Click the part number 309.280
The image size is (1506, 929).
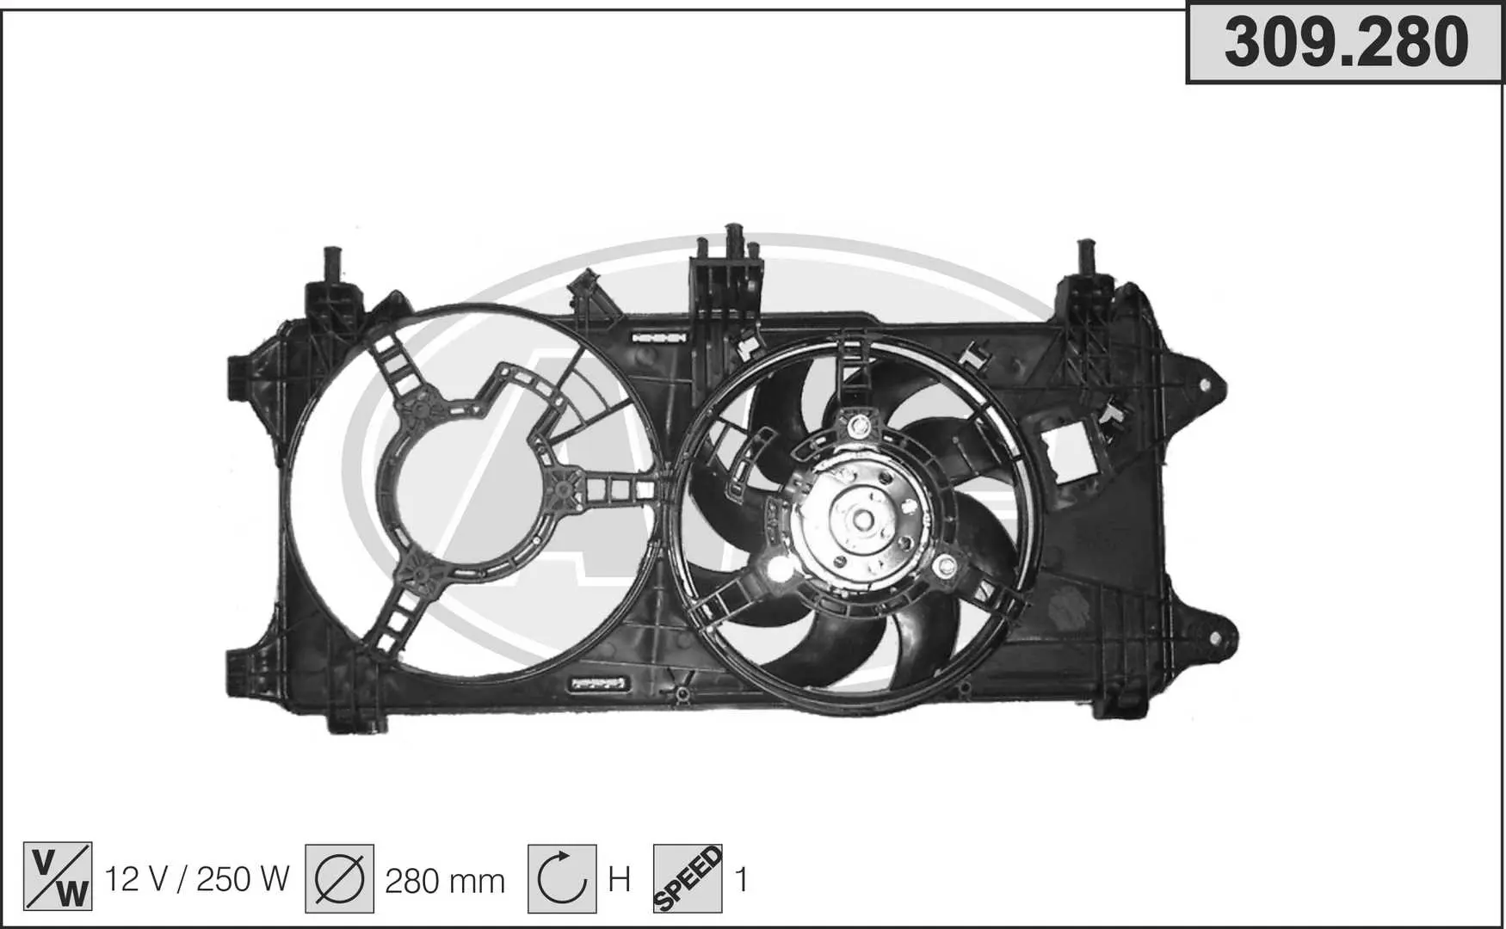coord(1346,42)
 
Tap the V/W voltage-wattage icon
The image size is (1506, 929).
coord(58,877)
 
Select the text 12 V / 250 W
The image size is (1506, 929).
coord(197,879)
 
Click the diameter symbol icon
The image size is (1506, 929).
coord(339,878)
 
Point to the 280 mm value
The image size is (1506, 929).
coord(445,881)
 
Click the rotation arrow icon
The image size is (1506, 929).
coord(562,878)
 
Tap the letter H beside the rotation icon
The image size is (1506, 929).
coord(620,880)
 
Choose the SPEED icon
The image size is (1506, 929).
coord(688,878)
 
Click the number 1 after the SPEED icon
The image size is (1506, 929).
coord(741,880)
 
